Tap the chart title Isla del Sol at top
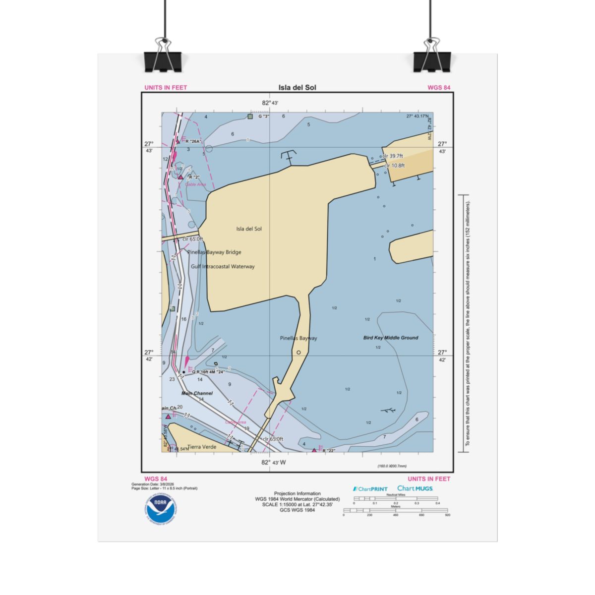(297, 88)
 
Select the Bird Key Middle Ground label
(391, 338)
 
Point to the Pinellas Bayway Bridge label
(214, 252)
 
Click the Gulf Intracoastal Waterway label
(223, 266)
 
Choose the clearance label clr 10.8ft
(395, 165)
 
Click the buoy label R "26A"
(194, 141)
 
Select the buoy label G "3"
(263, 117)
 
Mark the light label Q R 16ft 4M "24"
(208, 372)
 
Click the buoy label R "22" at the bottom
(329, 451)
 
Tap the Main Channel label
(197, 393)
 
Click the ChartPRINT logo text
(370, 489)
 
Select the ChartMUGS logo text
(415, 488)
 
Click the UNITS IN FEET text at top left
(166, 88)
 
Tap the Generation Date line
(153, 484)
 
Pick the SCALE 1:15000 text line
(297, 504)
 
